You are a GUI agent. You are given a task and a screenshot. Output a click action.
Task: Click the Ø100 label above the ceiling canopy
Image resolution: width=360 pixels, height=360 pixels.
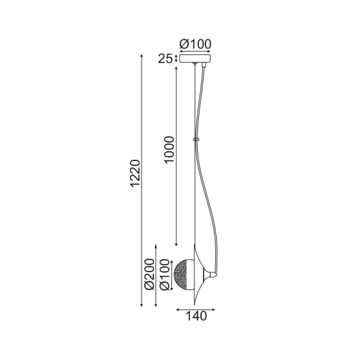click(x=195, y=44)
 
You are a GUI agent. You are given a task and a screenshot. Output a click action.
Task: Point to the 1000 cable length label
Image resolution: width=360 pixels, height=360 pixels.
click(x=170, y=151)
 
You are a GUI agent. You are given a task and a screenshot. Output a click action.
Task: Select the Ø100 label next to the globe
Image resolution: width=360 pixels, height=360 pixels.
click(x=166, y=276)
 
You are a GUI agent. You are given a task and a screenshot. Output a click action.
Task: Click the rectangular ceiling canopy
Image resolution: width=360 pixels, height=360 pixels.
click(x=195, y=60)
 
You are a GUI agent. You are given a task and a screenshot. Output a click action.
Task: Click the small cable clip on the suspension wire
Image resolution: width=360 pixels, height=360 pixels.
click(x=195, y=139)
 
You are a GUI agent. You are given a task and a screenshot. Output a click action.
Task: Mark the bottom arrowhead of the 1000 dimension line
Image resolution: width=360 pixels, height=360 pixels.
click(x=177, y=243)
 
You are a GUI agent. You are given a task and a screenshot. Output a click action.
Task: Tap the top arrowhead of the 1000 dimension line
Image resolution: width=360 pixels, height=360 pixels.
click(x=177, y=66)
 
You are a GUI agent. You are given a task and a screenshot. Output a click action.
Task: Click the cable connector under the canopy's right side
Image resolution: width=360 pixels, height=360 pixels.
click(x=206, y=67)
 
